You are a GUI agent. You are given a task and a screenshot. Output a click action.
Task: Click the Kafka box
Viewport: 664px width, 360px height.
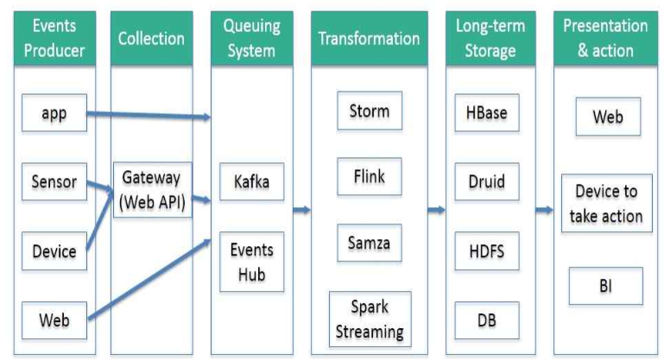tap(251, 182)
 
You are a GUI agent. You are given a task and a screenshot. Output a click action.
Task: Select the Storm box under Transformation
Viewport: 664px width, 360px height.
tap(369, 111)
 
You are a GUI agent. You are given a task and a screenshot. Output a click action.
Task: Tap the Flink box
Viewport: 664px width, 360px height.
tap(369, 178)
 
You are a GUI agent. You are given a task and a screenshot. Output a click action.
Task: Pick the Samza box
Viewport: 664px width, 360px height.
tap(369, 243)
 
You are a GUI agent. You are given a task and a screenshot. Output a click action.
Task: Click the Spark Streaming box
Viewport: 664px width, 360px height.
tap(369, 319)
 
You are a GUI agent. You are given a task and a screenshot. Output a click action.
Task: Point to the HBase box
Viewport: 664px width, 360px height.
tap(485, 111)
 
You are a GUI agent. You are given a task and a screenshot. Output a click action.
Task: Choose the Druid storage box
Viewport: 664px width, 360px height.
tap(485, 182)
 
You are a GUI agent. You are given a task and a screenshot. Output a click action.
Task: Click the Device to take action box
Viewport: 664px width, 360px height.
tap(604, 205)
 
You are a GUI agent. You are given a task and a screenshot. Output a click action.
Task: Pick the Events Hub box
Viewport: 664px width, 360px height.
tap(251, 261)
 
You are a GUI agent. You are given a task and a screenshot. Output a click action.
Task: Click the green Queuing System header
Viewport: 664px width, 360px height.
tap(251, 38)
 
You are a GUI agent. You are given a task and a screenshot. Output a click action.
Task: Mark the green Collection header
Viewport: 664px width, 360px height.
tap(152, 38)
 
